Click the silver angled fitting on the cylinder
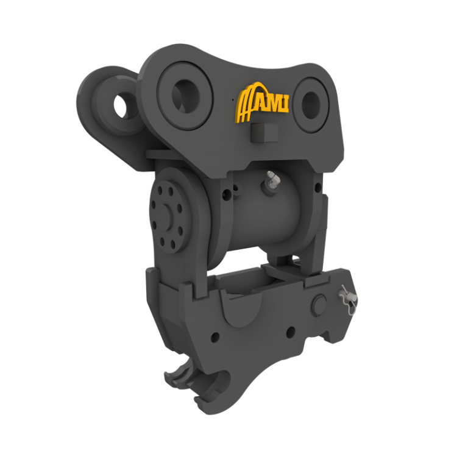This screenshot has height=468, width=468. tap(270, 181)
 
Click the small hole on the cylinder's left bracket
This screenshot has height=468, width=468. tap(227, 195)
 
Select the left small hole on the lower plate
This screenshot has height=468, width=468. tap(216, 337)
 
